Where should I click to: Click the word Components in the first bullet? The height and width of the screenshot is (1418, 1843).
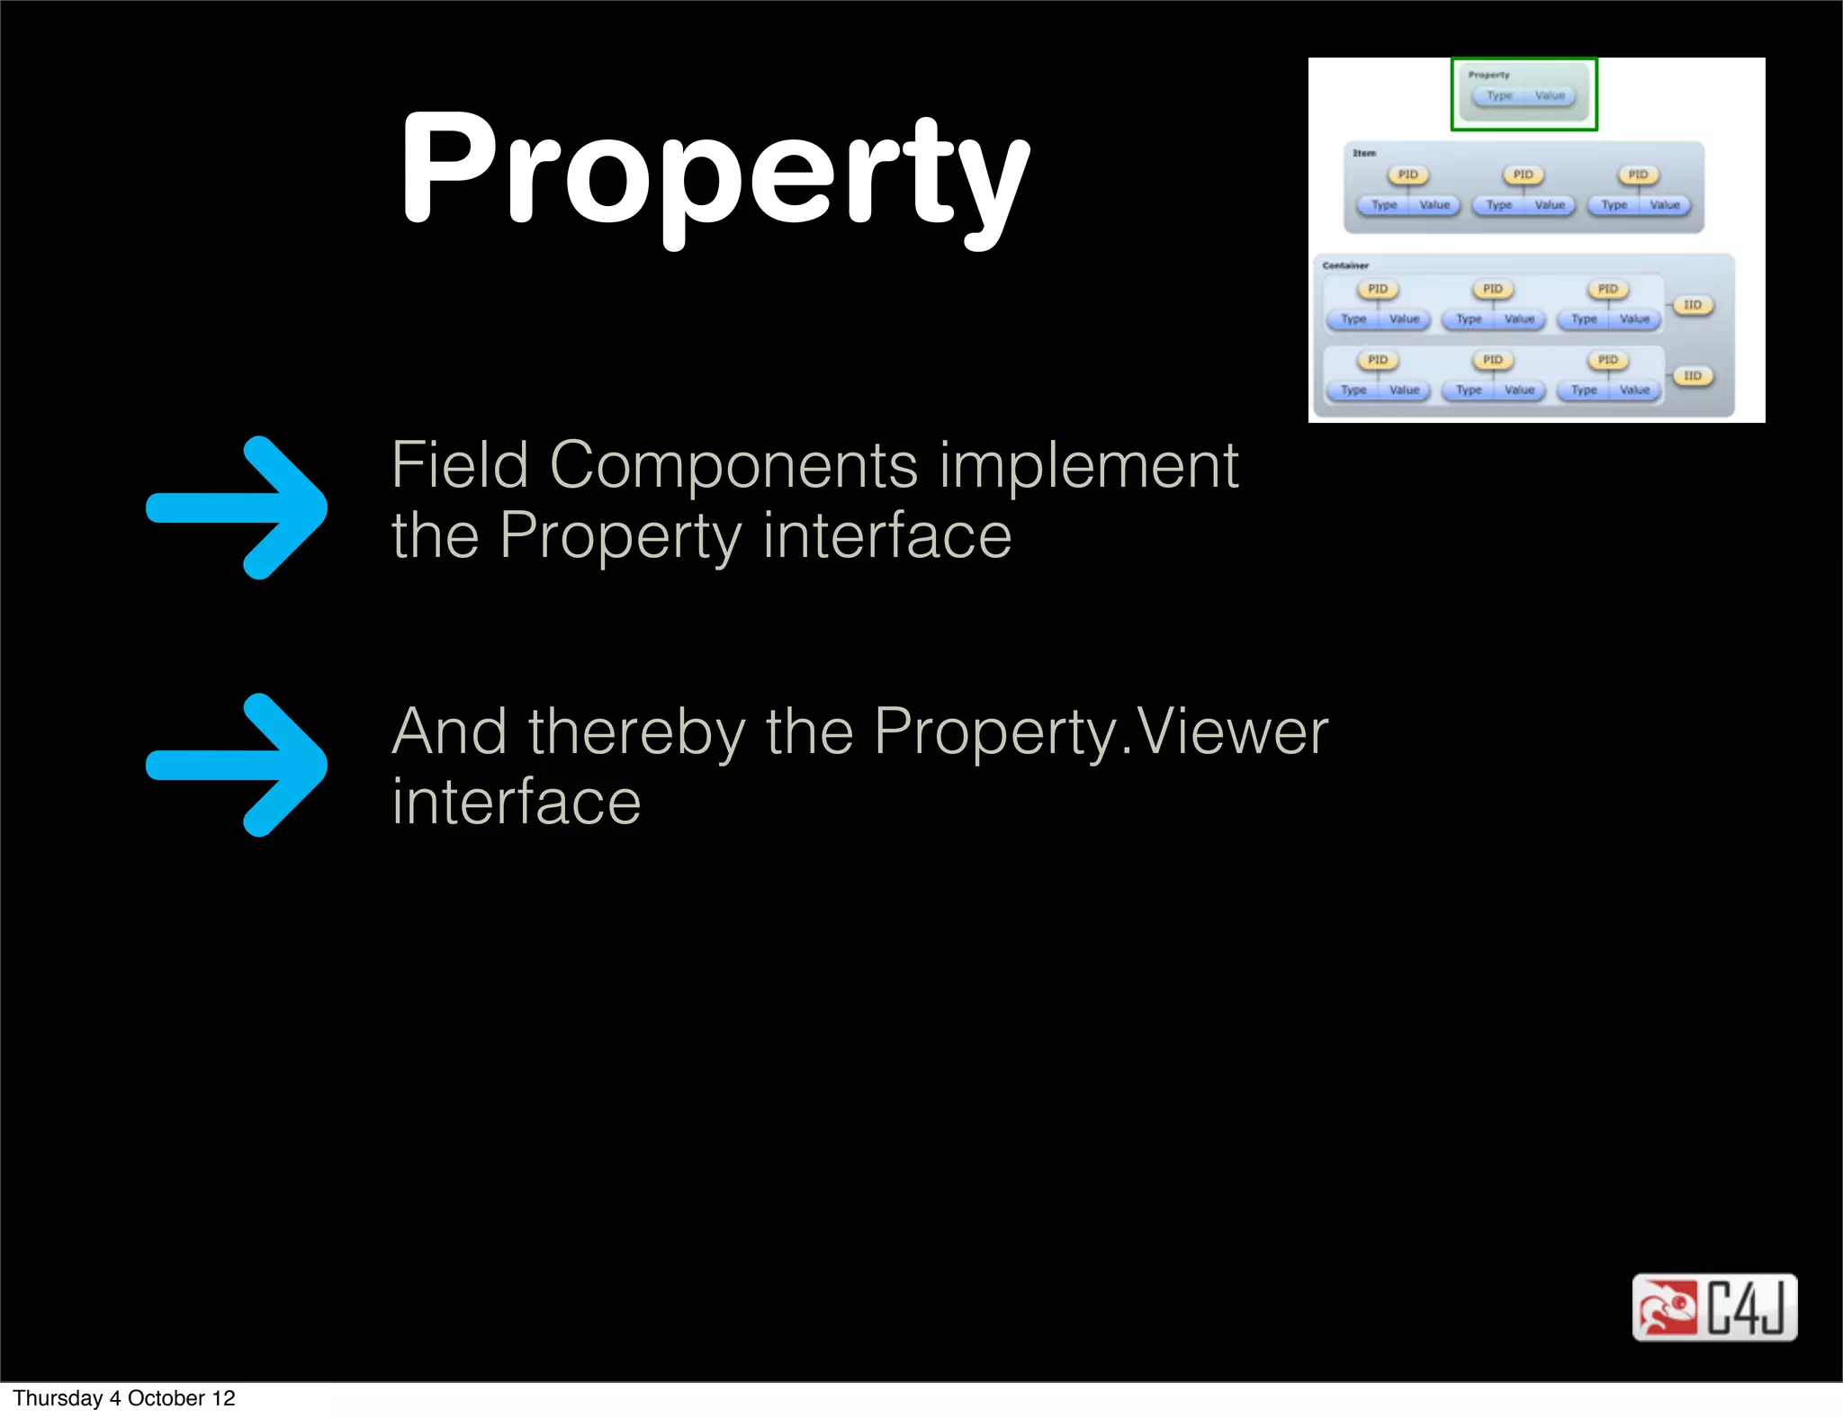[733, 466]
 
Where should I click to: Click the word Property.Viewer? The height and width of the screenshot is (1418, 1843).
[1100, 731]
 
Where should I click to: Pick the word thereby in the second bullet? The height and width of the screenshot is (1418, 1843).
[637, 731]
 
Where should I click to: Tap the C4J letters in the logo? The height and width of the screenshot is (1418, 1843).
[1746, 1307]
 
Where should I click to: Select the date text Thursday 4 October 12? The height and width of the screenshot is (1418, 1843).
[124, 1398]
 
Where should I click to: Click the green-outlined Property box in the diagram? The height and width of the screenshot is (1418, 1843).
[1524, 94]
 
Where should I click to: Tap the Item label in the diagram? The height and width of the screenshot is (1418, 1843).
[1364, 153]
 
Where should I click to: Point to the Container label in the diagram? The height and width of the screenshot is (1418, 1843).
[1345, 265]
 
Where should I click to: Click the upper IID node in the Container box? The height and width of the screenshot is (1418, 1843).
[1693, 305]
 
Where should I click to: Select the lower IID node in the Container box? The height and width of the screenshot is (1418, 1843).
[1693, 376]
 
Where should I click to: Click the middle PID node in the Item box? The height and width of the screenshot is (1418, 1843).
[1523, 175]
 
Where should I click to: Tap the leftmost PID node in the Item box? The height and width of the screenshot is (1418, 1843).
[1407, 175]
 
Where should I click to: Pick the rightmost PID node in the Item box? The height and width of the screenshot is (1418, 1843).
[1638, 175]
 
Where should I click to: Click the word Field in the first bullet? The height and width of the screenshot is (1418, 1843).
[460, 466]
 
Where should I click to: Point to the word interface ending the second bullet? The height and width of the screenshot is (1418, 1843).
[517, 802]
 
